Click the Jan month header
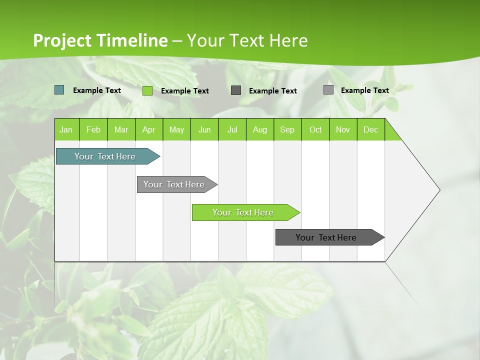(x=66, y=129)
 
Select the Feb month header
(x=93, y=129)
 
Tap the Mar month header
(x=121, y=129)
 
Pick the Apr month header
(x=148, y=129)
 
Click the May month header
(x=176, y=129)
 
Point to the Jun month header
(x=204, y=129)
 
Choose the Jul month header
(x=232, y=129)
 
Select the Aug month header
(x=259, y=129)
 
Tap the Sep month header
(x=287, y=129)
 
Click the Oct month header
(x=315, y=129)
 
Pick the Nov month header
(x=343, y=129)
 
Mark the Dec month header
(x=370, y=129)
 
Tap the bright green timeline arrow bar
(x=243, y=212)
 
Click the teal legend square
(x=59, y=90)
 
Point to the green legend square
(x=147, y=90)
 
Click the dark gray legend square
(x=235, y=90)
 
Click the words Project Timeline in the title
(x=100, y=40)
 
